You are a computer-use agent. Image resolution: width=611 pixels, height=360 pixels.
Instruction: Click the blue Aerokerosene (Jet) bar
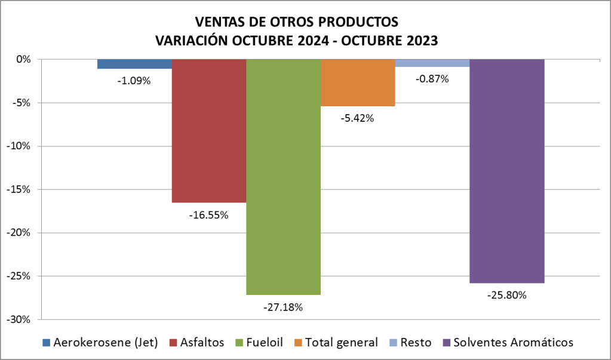[x=134, y=64]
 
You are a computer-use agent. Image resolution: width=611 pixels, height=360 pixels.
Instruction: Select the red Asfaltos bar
[x=209, y=131]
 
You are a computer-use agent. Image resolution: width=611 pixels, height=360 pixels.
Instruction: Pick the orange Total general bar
[x=358, y=82]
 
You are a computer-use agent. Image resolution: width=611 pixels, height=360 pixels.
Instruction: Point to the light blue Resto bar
[x=432, y=63]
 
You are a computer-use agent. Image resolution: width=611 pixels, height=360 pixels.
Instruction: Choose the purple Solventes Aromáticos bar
[x=506, y=171]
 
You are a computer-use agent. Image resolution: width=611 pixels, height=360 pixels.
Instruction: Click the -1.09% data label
[x=134, y=80]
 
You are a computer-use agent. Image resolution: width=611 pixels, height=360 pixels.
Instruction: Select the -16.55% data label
[x=209, y=214]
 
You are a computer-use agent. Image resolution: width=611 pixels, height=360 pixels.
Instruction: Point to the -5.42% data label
[x=358, y=118]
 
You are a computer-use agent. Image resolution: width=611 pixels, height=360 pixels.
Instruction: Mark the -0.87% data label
[x=432, y=78]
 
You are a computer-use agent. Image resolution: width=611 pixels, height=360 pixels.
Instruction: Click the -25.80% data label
[x=506, y=294]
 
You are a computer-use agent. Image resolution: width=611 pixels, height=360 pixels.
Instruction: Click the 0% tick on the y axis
[x=23, y=59]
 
